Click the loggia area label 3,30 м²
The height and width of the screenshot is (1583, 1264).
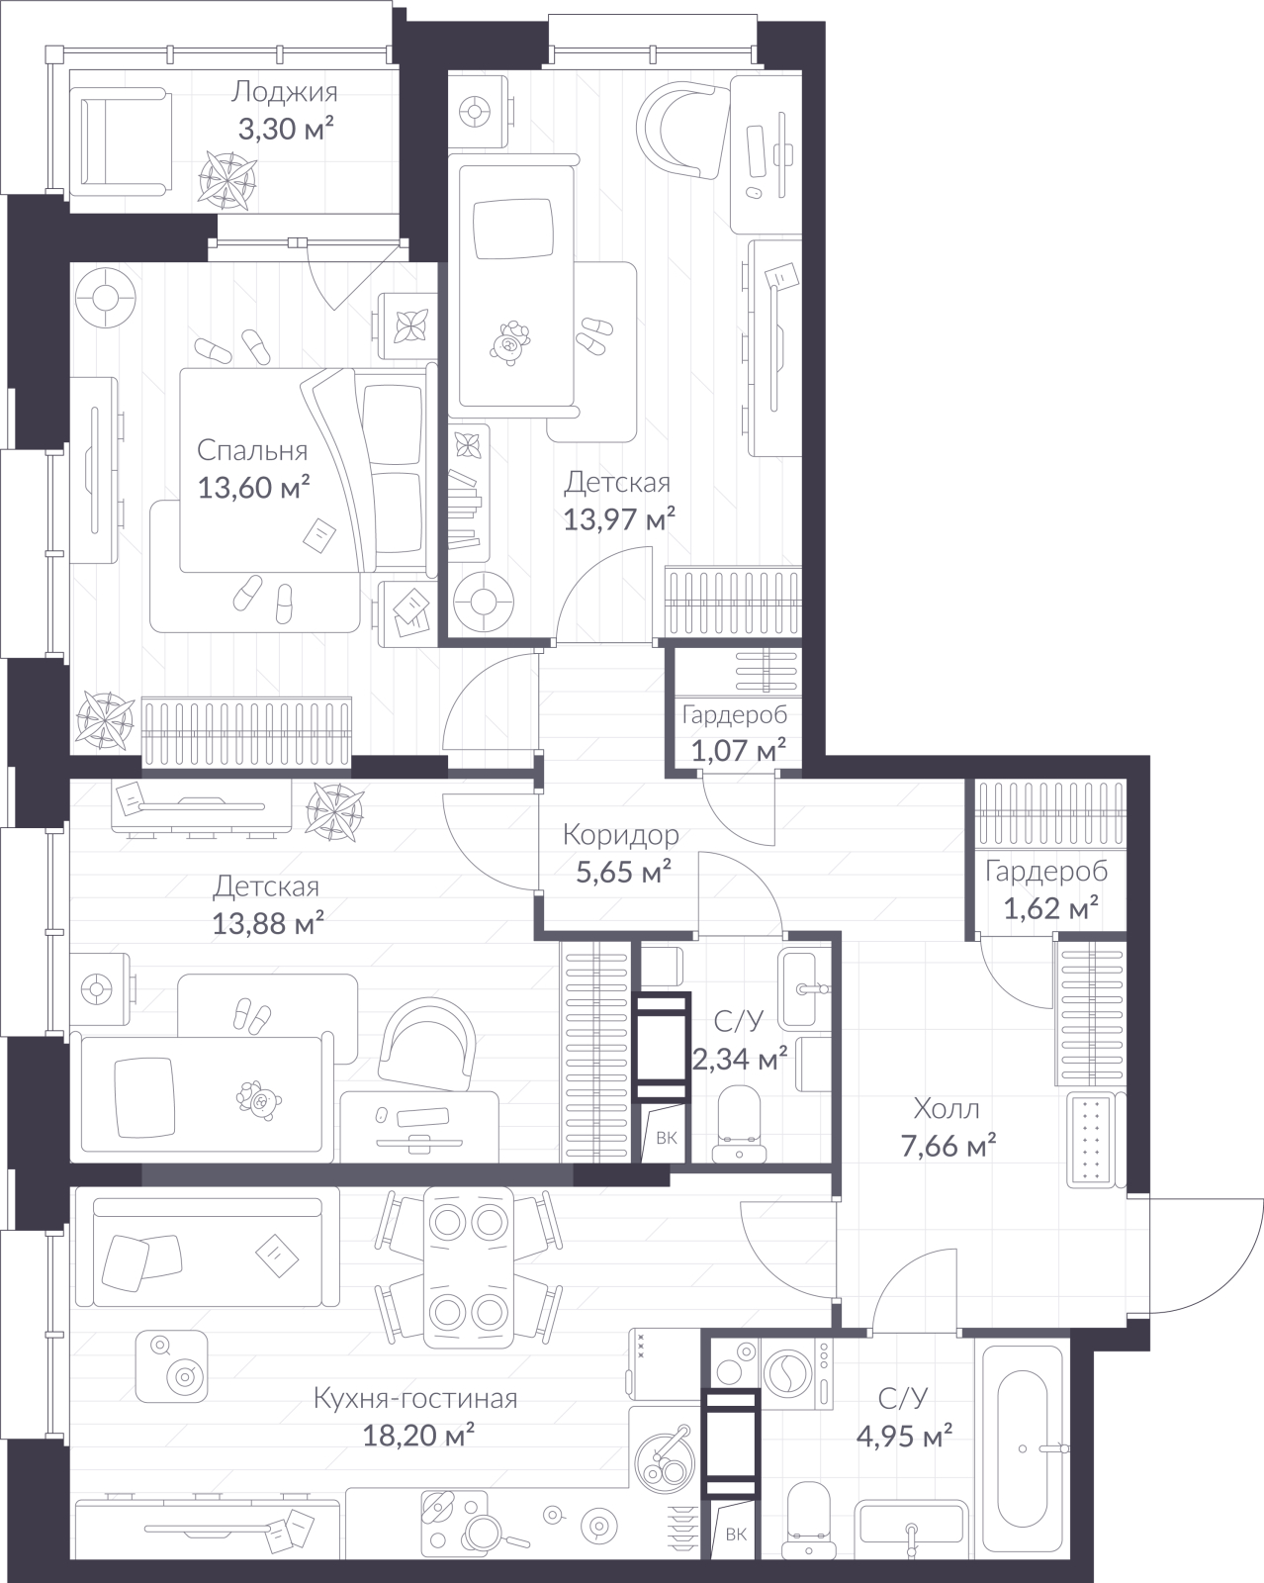coord(285,130)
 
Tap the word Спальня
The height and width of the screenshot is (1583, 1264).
coord(252,451)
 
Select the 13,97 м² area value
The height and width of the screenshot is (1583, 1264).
coord(619,519)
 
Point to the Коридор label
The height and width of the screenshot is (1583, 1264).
coord(620,835)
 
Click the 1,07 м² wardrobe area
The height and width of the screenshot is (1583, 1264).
coord(738,751)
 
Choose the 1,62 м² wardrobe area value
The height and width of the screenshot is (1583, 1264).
coord(1051,908)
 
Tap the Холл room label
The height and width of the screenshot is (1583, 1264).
coord(947,1108)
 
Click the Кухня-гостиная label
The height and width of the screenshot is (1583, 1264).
coord(415,1398)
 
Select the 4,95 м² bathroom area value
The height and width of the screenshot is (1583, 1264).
coord(904,1436)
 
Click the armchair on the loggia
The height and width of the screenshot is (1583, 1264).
coord(122,141)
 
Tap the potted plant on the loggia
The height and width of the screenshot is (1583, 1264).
coord(227,179)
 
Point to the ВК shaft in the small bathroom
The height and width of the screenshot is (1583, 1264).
coord(667,1138)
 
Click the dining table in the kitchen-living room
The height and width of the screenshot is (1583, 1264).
coord(469,1266)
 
